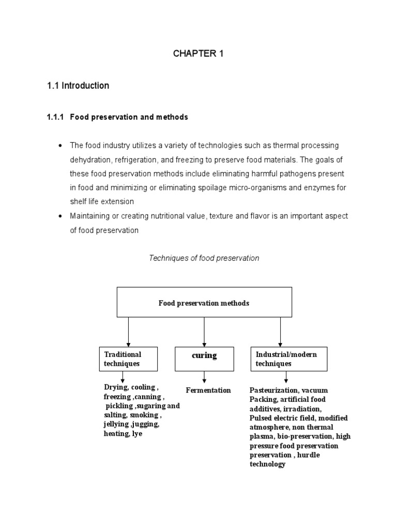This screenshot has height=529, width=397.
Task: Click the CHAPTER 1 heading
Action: [x=198, y=54]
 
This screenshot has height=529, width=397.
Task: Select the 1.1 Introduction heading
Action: [x=78, y=86]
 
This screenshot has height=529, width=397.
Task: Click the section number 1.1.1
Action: [x=55, y=117]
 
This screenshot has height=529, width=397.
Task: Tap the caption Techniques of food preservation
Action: [x=204, y=258]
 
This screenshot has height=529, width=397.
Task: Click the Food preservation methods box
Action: [x=204, y=302]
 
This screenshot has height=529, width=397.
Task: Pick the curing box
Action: [x=204, y=359]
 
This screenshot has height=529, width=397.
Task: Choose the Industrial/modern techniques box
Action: [x=289, y=359]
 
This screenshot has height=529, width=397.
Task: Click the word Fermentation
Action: [x=208, y=390]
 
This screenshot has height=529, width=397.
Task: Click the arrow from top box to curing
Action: [x=204, y=332]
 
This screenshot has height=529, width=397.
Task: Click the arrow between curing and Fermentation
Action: [x=204, y=377]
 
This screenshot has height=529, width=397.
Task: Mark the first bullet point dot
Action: [x=60, y=146]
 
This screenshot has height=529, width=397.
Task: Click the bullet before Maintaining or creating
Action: [x=60, y=216]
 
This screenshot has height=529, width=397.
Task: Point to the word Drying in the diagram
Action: [x=115, y=387]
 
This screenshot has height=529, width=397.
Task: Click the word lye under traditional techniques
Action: [x=136, y=434]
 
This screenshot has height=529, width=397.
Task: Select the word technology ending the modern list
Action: [x=267, y=464]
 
